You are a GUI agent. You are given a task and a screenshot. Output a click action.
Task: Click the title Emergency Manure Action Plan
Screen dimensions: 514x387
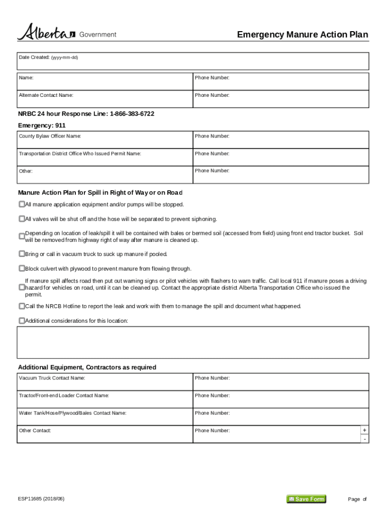pos(302,35)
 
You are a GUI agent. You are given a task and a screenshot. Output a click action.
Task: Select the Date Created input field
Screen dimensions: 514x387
pos(193,62)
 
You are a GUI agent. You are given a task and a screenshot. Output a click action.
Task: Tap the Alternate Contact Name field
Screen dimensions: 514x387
pos(105,99)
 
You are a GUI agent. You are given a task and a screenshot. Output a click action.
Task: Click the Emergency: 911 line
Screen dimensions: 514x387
pos(42,125)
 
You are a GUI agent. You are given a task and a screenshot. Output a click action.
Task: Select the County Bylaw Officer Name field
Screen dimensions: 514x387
pos(105,140)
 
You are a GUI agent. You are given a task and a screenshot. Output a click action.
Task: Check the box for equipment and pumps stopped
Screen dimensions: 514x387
pos(22,204)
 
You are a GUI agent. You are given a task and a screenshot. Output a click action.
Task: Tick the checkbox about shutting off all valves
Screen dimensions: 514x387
pos(22,219)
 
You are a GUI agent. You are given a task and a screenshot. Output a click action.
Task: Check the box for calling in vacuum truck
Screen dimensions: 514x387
pos(22,254)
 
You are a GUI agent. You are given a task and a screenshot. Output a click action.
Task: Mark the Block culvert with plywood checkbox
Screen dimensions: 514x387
pos(22,269)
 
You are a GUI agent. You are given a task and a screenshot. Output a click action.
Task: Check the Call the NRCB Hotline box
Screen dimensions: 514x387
pos(22,306)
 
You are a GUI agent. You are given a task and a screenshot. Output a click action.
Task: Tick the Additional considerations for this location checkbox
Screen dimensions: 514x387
pos(22,321)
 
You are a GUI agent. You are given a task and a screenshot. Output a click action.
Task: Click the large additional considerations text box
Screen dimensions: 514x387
pos(193,342)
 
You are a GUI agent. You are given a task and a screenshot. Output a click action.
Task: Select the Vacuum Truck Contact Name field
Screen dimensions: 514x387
pos(105,382)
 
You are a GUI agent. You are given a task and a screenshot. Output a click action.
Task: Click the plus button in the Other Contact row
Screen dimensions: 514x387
pos(364,430)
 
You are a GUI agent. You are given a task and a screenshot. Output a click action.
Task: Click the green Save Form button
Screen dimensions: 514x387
pos(306,499)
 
